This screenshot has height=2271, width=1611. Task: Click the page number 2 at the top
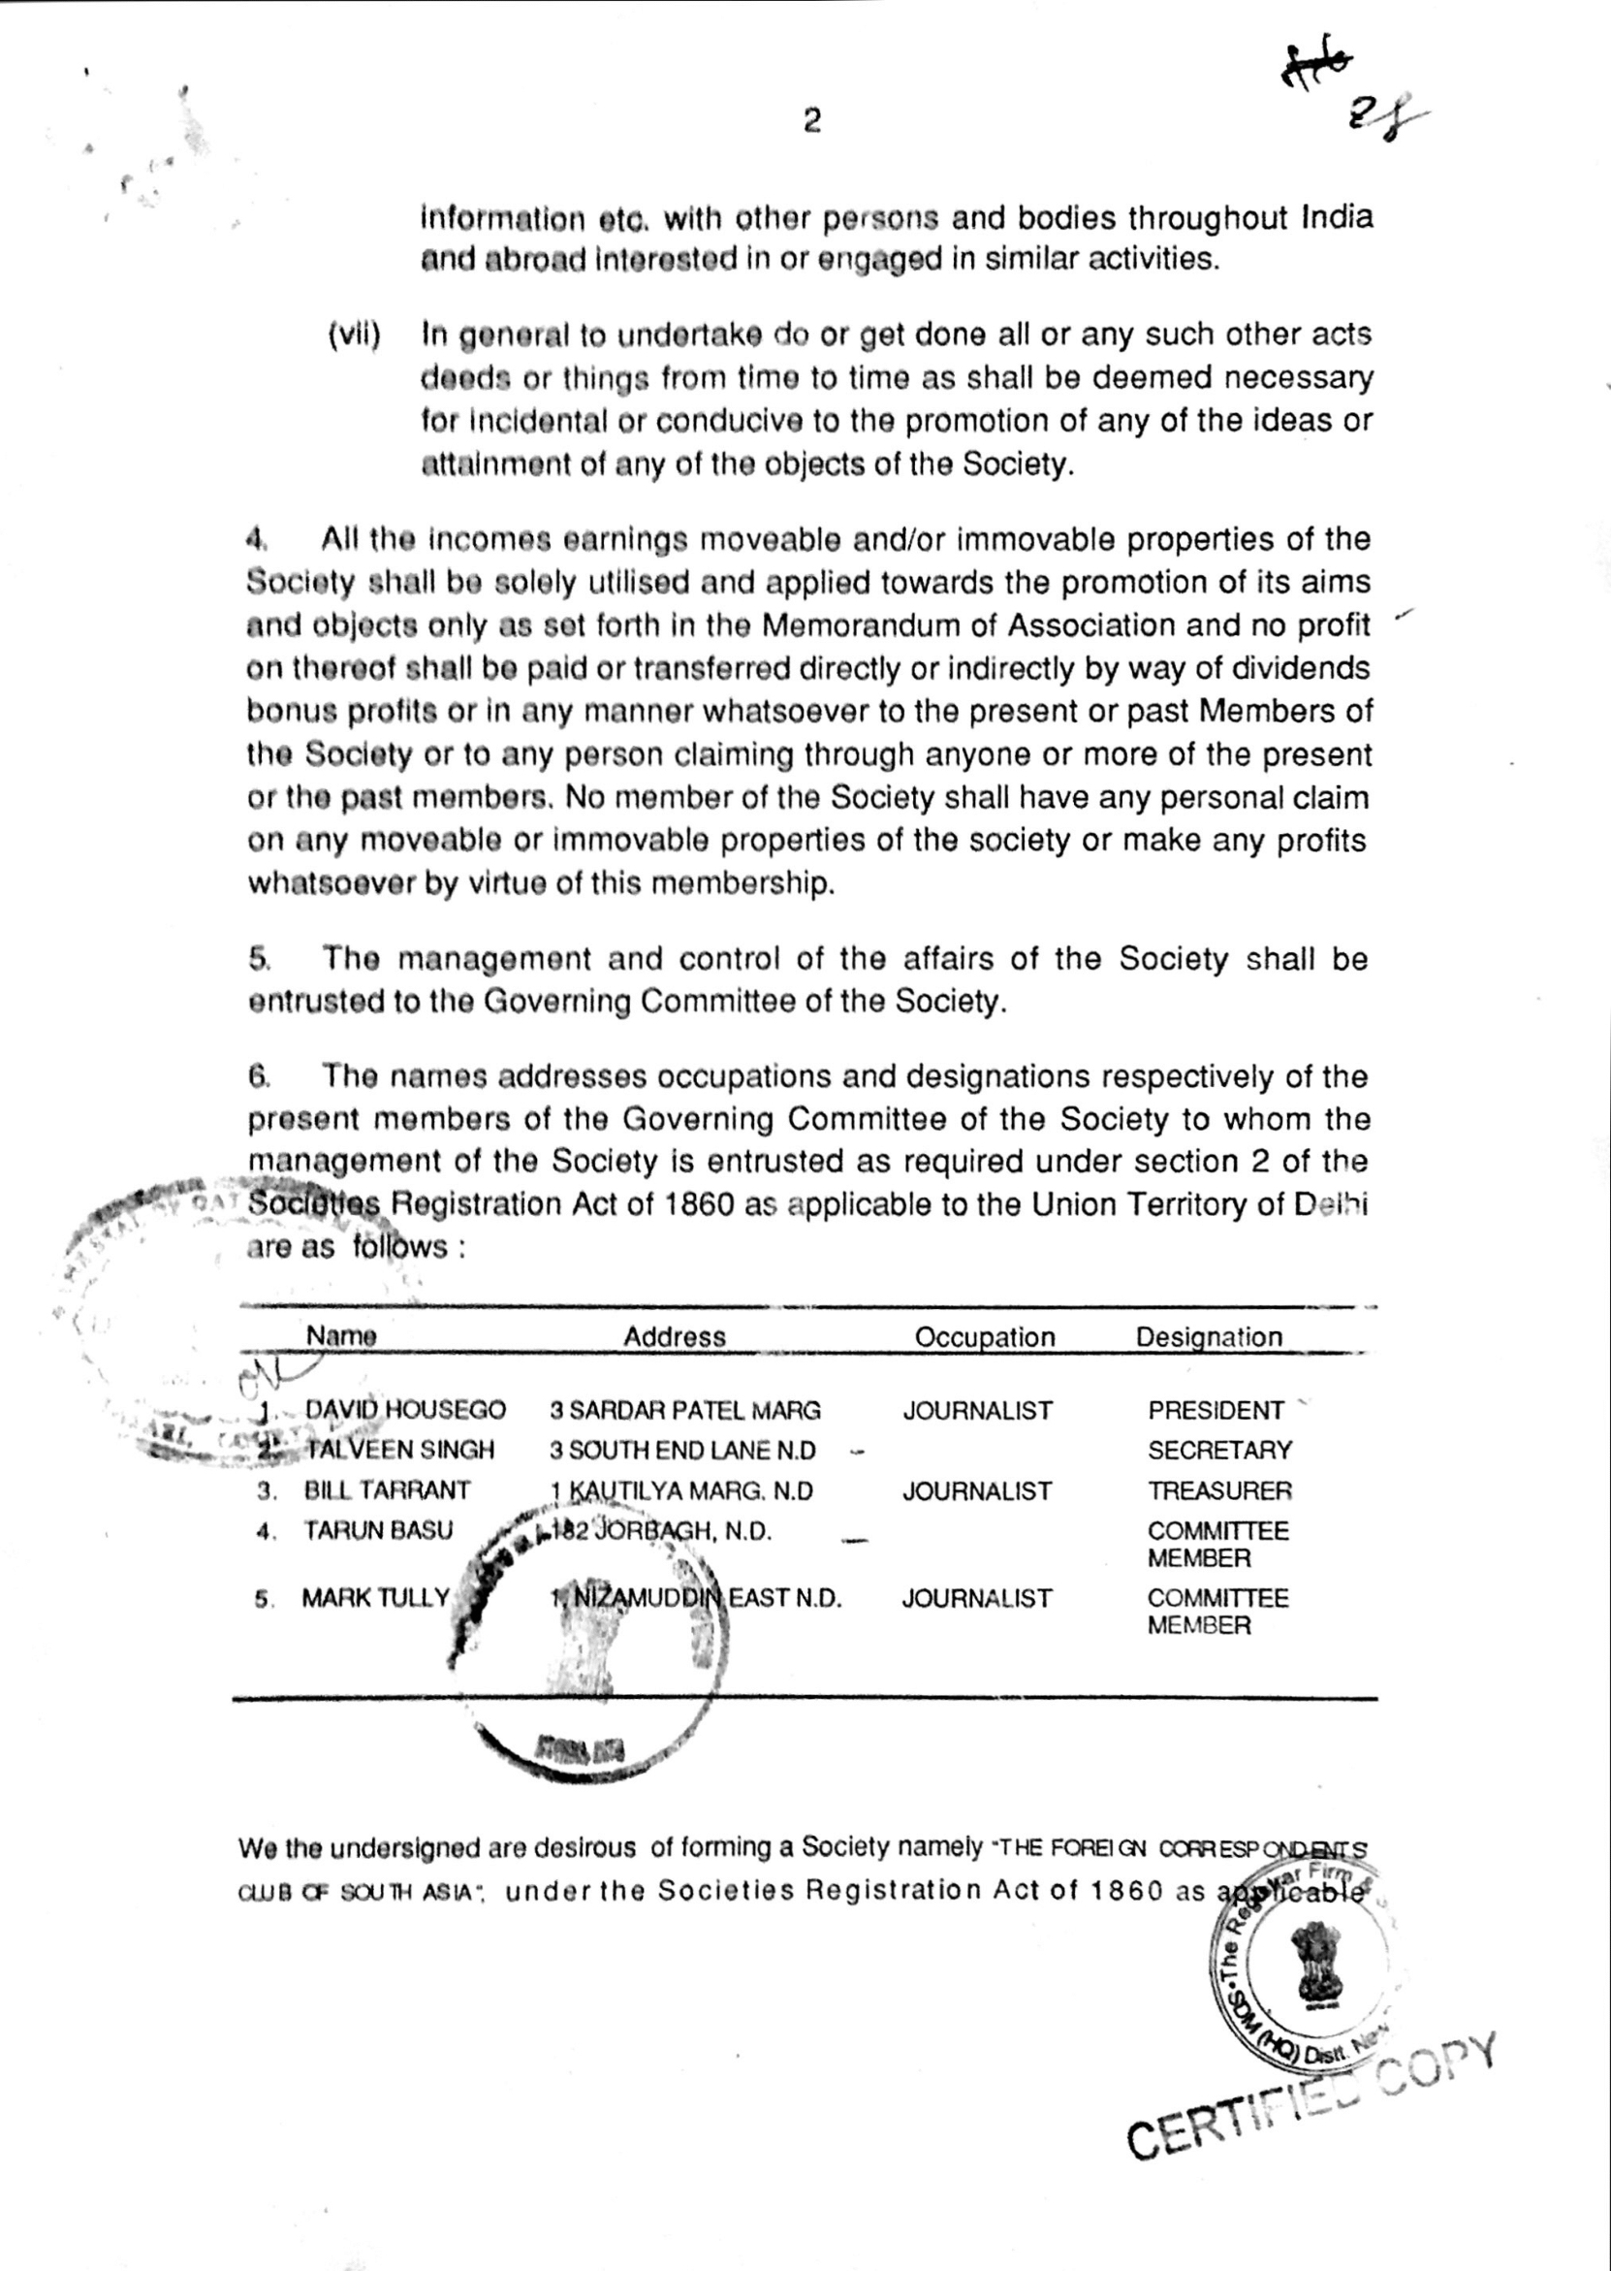[x=811, y=122]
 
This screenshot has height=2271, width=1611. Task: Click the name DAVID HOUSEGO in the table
[x=405, y=1410]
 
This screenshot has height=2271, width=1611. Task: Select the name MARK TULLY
[x=376, y=1597]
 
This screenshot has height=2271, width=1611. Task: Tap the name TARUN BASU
[x=378, y=1530]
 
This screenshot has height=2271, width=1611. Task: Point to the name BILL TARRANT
[x=387, y=1490]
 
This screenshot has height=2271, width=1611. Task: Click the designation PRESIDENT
[x=1216, y=1410]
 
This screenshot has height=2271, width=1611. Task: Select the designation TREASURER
[x=1219, y=1490]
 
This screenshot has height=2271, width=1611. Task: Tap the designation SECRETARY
[x=1219, y=1450]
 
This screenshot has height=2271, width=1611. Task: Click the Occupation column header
[x=984, y=1336]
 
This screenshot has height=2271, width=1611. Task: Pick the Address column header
[x=675, y=1336]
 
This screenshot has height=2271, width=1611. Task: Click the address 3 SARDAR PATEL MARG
[x=685, y=1410]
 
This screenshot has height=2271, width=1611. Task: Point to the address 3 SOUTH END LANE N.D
[x=682, y=1451]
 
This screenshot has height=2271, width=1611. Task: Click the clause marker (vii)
[x=354, y=335]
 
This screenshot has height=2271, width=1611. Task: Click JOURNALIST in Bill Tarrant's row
[x=977, y=1490]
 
